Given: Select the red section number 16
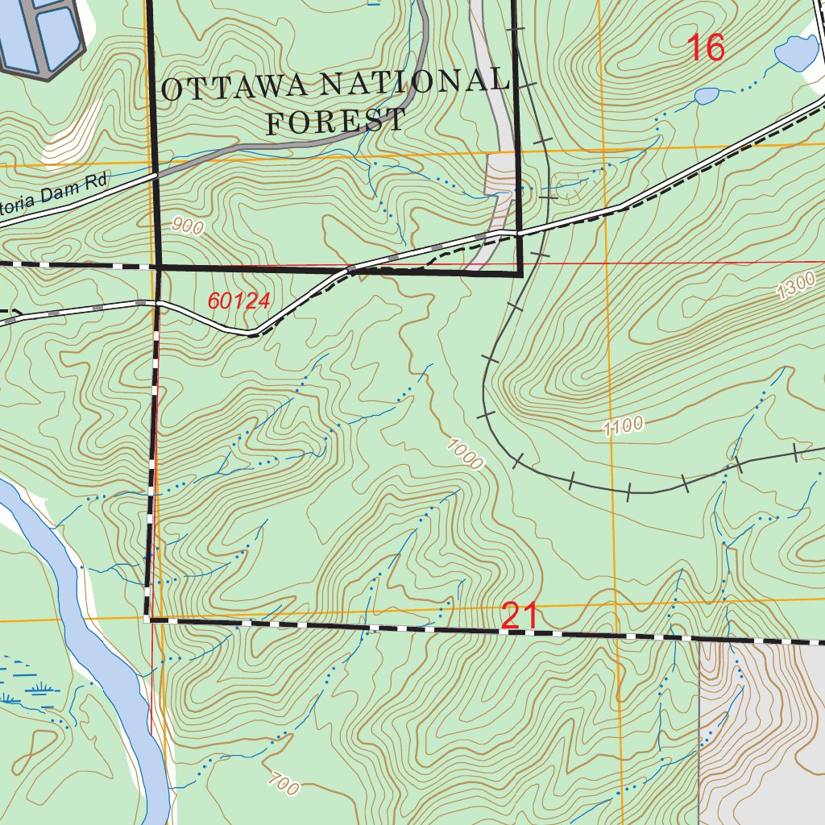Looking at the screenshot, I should click(x=706, y=48).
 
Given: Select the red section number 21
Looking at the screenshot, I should click(x=520, y=617).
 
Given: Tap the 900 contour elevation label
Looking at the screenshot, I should click(x=188, y=227).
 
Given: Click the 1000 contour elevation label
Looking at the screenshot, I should click(x=465, y=453).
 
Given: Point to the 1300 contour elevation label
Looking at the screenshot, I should click(x=797, y=287).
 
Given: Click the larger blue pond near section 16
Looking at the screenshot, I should click(x=797, y=53).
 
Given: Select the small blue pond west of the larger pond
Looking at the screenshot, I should click(x=707, y=97).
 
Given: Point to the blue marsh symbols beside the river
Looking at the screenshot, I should click(x=32, y=685).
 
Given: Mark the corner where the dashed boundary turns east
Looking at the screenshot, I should click(x=148, y=619).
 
